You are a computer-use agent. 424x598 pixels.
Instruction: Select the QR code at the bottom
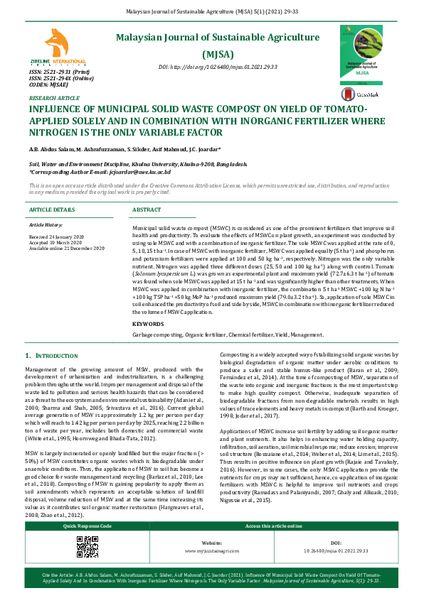coord(87,547)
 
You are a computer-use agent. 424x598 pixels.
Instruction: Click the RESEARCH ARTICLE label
coord(54,98)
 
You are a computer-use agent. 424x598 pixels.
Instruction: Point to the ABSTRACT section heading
coord(147,210)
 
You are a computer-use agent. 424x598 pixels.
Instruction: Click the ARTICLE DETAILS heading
coord(52,210)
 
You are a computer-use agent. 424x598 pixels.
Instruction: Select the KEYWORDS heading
coord(147,324)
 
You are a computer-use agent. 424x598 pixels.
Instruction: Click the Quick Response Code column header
coord(87,526)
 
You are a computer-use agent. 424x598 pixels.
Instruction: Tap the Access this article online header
coord(274,526)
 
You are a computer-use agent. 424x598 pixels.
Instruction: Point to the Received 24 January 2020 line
coord(56,236)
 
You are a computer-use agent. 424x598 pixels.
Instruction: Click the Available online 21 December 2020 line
coord(66,248)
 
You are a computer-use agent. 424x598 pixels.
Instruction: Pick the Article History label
coord(46,224)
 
